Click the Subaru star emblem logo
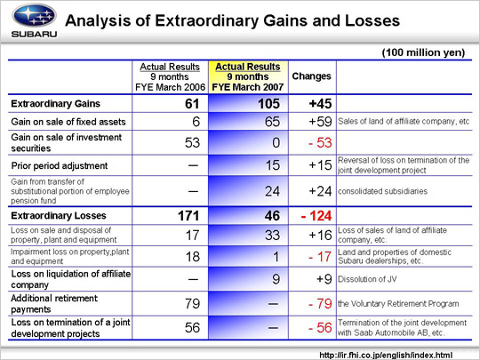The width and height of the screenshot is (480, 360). [x=34, y=16]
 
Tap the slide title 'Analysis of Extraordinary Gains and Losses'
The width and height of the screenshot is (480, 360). [x=233, y=20]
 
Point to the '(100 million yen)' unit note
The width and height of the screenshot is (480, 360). [x=423, y=52]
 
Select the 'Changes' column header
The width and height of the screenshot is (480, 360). [x=312, y=76]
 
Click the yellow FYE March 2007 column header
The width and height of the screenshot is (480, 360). [x=248, y=76]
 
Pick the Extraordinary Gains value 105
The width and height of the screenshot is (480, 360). [x=268, y=104]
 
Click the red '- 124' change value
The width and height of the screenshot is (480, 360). [x=316, y=216]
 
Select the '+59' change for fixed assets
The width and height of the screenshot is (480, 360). [x=320, y=122]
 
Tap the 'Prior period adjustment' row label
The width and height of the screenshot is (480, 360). [x=60, y=165]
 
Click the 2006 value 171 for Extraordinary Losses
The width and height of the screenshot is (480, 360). [x=188, y=216]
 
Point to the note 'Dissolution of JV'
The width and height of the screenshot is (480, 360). [x=367, y=279]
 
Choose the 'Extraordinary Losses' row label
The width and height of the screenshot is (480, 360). [x=59, y=215]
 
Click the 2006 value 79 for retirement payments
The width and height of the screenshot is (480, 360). [x=192, y=304]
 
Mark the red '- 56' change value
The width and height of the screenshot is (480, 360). [x=320, y=328]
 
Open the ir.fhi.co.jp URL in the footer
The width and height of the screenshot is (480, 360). [x=386, y=355]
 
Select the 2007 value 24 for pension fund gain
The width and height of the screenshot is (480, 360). [x=272, y=191]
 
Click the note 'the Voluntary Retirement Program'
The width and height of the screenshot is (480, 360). [x=398, y=304]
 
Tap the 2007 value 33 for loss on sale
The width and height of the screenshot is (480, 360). [x=272, y=235]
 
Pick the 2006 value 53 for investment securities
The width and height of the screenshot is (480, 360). [x=192, y=142]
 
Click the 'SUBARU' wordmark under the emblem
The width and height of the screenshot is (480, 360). [x=34, y=34]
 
